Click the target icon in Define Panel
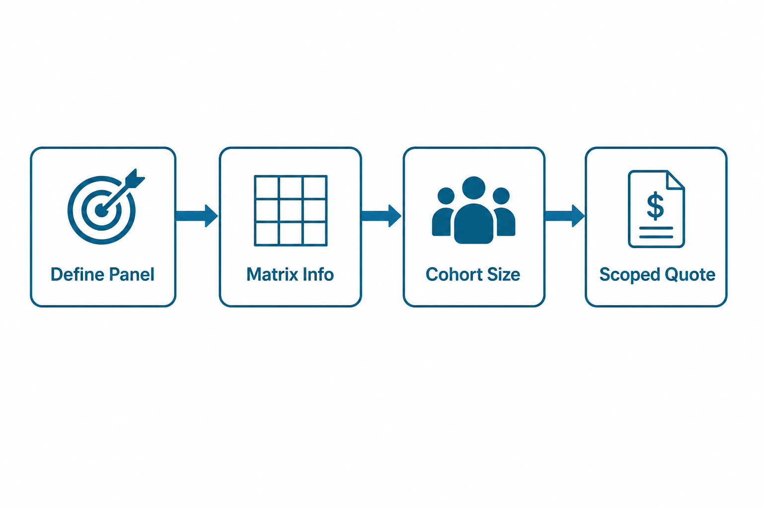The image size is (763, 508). coord(101,210)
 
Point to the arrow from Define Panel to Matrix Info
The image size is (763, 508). coord(197,216)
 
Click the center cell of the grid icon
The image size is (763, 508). coord(291,210)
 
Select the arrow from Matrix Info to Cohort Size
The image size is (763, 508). coord(381,216)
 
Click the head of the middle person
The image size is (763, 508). coord(473,188)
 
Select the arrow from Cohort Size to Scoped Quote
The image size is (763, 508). coord(565,216)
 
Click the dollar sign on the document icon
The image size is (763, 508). coord(655,206)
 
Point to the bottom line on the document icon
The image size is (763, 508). coord(656,237)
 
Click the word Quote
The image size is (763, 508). coord(685,275)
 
